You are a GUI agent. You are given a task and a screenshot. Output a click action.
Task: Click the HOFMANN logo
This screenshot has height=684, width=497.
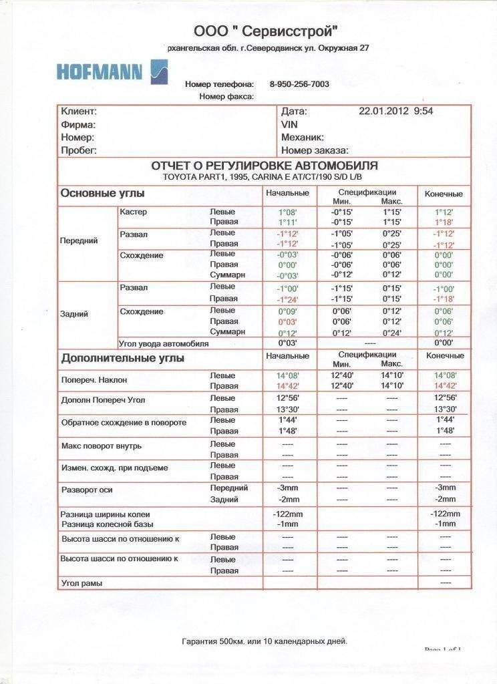point(112,71)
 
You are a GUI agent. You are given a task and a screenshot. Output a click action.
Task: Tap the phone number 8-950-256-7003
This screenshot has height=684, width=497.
point(299,84)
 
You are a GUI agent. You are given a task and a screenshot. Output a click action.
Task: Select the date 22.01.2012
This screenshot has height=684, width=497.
point(384,112)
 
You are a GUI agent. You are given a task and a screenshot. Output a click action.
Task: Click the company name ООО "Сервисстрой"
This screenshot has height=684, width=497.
point(266,31)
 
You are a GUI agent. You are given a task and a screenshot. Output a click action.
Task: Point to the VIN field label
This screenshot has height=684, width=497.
point(290,124)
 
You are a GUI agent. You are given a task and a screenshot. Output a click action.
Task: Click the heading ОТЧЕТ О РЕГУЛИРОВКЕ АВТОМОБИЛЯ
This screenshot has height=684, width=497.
point(265,166)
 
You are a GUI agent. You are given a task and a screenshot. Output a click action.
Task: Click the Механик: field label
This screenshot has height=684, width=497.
point(303,137)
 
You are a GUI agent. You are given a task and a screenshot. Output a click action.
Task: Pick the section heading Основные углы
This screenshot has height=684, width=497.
point(102,194)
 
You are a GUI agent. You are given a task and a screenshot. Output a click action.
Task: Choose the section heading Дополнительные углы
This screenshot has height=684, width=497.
point(122,358)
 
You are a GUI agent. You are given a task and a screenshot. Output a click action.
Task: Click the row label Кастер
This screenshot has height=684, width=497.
point(133,212)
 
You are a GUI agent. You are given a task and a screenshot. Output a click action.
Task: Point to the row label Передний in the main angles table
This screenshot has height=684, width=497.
point(79,240)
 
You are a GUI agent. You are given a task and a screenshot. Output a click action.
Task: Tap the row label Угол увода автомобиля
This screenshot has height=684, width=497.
point(164,343)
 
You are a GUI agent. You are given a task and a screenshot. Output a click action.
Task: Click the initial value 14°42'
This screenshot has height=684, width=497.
point(287,386)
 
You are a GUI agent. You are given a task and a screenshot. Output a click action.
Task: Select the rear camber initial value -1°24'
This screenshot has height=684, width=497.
point(287,299)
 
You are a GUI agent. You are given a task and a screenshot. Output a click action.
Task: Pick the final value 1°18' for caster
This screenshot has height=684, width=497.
point(444,222)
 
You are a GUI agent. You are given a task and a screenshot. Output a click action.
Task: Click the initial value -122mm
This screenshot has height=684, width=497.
point(288,514)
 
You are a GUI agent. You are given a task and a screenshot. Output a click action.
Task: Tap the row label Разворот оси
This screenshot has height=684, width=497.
point(87,490)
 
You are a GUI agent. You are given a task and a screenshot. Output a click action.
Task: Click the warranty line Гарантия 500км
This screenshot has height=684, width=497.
point(265,641)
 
